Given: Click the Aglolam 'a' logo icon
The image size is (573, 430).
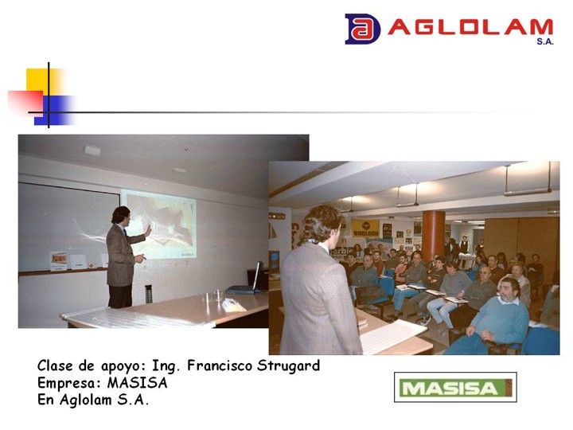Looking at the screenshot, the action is click(362, 29).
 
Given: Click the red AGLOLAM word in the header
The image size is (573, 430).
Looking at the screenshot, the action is click(470, 27).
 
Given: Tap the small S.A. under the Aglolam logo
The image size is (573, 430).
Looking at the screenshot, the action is click(545, 41).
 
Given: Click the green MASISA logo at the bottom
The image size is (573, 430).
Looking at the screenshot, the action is click(455, 387).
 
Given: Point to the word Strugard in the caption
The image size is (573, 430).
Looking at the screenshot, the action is click(288, 365).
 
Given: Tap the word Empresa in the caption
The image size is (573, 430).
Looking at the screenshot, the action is click(69, 383).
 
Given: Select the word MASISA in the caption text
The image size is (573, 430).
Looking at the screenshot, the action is click(138, 383).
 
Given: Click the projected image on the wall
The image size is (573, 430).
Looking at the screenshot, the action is click(159, 224).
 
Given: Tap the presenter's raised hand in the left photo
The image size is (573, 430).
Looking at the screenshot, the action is click(148, 231).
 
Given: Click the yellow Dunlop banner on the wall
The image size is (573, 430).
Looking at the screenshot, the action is click(365, 229).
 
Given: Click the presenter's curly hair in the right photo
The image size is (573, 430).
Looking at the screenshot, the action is click(322, 224).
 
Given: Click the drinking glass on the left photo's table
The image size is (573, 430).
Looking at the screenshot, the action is click(219, 295).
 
